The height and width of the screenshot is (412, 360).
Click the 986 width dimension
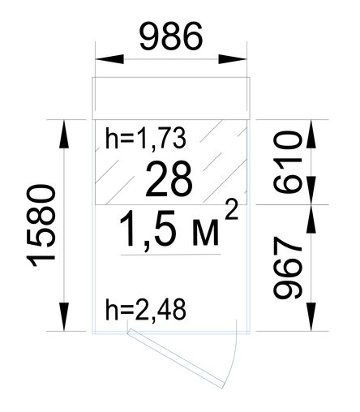pyautogui.click(x=171, y=36)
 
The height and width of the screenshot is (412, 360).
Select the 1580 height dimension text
pyautogui.click(x=41, y=225)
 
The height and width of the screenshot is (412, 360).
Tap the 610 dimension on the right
pyautogui.click(x=287, y=162)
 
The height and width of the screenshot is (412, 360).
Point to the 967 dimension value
pyautogui.click(x=287, y=268)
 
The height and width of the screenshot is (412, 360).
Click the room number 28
pyautogui.click(x=169, y=179)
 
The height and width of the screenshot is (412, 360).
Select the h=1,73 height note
pyautogui.click(x=145, y=139)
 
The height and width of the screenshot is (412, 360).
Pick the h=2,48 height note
pyautogui.click(x=145, y=310)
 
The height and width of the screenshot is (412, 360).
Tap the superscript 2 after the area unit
pyautogui.click(x=232, y=211)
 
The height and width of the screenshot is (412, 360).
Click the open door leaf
pyautogui.click(x=176, y=358)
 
